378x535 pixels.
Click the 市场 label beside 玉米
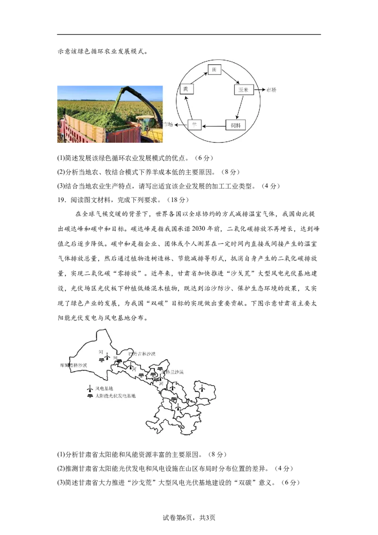click(x=271, y=90)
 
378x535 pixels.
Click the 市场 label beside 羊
click(x=168, y=125)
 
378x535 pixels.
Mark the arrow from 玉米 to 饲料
click(x=240, y=107)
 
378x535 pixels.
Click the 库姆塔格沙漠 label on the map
click(x=73, y=365)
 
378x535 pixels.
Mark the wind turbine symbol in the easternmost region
click(x=202, y=388)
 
